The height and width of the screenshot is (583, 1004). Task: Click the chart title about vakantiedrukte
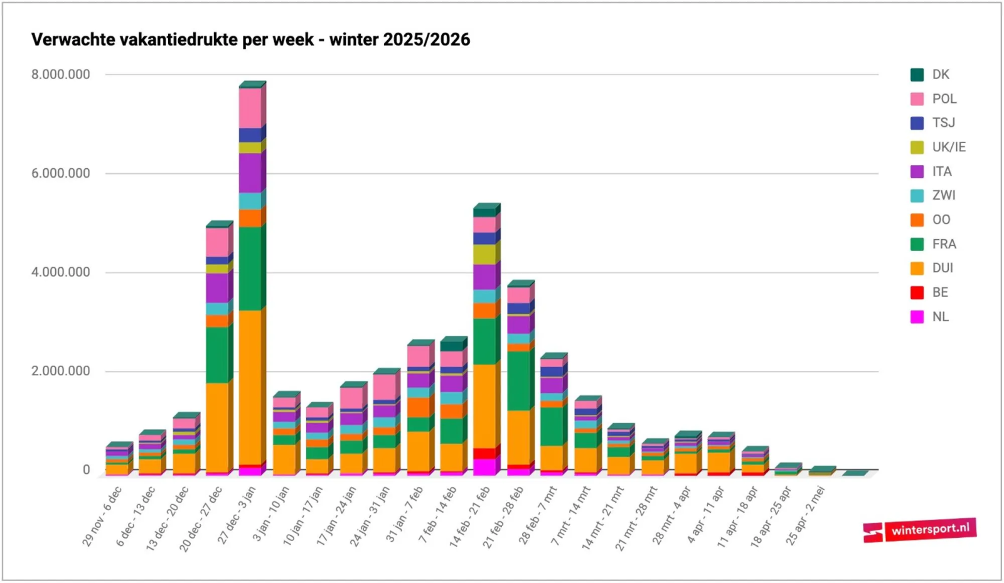[x=250, y=40]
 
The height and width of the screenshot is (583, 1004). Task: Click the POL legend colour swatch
[x=917, y=99]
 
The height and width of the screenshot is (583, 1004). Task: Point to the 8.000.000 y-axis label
[x=61, y=75]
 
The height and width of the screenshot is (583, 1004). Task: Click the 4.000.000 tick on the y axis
[x=61, y=272]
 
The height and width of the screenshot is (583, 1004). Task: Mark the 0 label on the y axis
[x=86, y=470]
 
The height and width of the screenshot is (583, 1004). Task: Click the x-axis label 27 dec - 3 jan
[x=237, y=515]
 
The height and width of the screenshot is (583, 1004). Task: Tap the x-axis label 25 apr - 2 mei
[x=806, y=515]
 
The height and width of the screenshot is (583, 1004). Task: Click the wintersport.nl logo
[x=919, y=530]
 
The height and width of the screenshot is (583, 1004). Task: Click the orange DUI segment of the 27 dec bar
[x=250, y=386]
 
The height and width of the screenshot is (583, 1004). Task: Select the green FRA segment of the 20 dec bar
[x=217, y=355]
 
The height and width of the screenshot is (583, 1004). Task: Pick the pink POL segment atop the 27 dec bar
[x=250, y=107]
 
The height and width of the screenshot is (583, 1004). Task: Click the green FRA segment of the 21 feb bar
[x=518, y=380]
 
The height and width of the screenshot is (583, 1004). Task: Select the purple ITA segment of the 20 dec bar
[x=217, y=287]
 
